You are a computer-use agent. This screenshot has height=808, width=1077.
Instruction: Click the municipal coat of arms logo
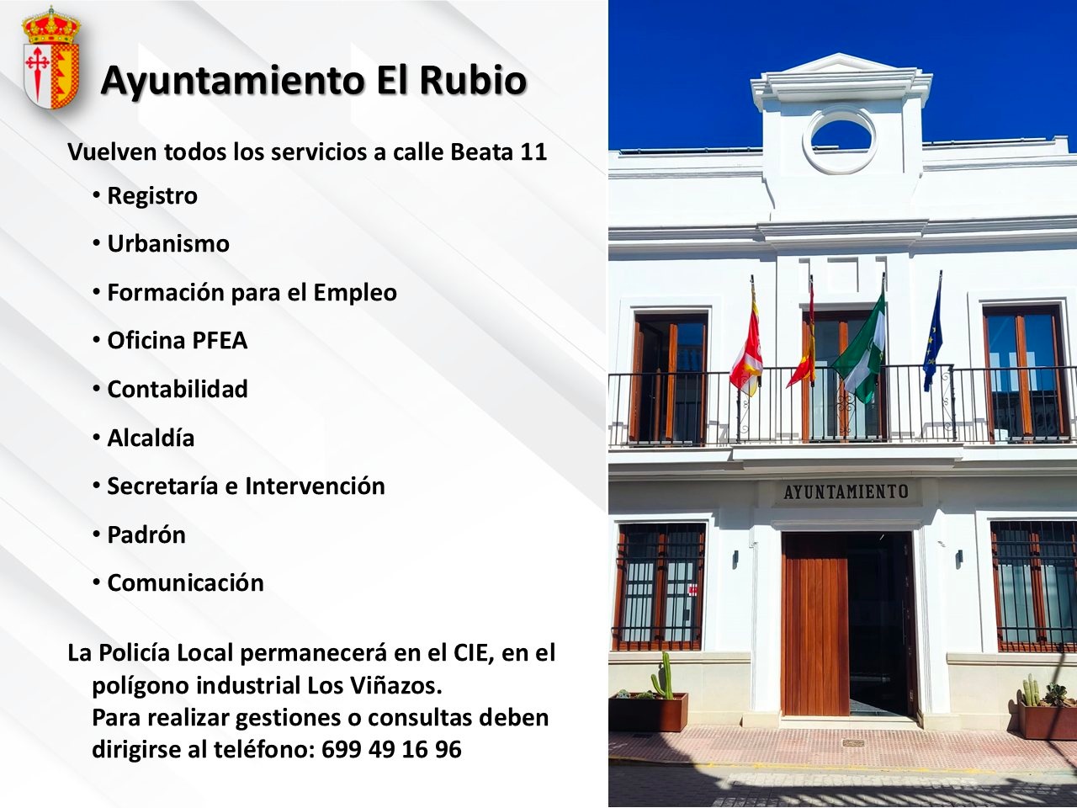51,57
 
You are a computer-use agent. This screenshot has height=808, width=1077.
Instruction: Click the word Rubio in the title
474,81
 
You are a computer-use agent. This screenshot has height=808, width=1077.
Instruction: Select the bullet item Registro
152,196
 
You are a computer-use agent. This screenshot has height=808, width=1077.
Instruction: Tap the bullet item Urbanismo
168,244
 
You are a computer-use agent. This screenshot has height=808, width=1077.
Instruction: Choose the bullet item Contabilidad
178,389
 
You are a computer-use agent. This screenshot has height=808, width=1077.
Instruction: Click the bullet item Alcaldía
151,437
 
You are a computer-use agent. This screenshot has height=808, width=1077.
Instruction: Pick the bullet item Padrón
146,534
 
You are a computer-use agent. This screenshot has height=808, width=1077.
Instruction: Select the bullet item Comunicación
185,582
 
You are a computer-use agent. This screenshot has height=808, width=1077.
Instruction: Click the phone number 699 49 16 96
391,749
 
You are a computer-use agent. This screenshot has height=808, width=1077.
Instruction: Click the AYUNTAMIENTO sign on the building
846,492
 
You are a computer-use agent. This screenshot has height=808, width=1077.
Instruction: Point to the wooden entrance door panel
815,625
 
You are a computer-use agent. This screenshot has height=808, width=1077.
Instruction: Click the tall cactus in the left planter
663,676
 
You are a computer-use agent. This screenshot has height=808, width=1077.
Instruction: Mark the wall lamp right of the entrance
959,558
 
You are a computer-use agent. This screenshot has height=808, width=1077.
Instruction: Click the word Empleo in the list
355,293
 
